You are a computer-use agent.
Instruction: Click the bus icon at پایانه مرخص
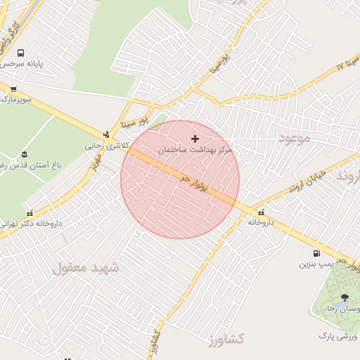click(20, 53)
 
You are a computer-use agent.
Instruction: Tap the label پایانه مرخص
click(21, 64)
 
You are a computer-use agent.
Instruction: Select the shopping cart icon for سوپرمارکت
click(13, 89)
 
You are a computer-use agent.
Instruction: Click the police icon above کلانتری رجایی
click(106, 134)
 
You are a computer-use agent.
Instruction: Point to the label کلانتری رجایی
click(103, 146)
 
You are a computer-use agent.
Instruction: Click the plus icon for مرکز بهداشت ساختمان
click(195, 139)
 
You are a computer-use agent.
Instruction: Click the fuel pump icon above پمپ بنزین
click(316, 253)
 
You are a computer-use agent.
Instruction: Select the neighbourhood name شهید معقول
click(86, 268)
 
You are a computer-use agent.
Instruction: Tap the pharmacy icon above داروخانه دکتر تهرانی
click(30, 213)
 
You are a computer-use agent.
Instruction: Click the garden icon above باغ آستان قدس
click(25, 154)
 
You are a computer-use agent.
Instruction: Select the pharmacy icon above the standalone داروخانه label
click(262, 212)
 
